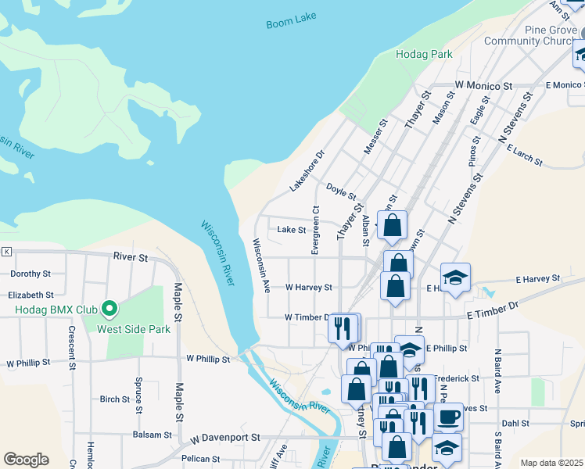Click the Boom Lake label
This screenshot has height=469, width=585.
pos(290,23)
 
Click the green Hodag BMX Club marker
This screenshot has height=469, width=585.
pos(109,310)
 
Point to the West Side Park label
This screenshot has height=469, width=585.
pos(134,329)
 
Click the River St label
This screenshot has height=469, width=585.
pos(130,256)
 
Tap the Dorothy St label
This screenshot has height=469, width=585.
pos(30,274)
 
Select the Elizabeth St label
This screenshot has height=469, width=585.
pos(31,295)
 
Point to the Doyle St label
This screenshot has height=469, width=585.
pos(341,191)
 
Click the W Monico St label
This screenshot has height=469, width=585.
pos(483,84)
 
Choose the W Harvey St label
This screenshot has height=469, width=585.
pos(309,288)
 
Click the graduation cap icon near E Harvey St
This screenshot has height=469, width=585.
pos(455,277)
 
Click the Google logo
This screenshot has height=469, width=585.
pos(26,460)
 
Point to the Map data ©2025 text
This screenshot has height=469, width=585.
pos(551,463)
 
